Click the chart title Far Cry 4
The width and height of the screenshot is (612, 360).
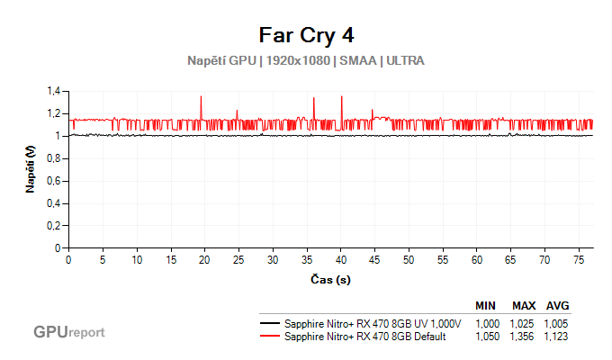pyautogui.click(x=306, y=35)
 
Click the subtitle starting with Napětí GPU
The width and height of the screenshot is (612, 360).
pyautogui.click(x=306, y=61)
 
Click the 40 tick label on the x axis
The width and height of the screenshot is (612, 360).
pyautogui.click(x=341, y=260)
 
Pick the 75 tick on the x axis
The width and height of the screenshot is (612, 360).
pyautogui.click(x=579, y=260)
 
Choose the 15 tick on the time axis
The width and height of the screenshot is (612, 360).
pyautogui.click(x=171, y=260)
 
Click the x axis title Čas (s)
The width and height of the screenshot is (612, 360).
pyautogui.click(x=330, y=280)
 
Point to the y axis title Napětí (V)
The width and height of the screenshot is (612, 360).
pyautogui.click(x=31, y=170)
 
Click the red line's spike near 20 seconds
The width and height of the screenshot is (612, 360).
pyautogui.click(x=201, y=97)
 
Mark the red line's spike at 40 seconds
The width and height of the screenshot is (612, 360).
pyautogui.click(x=342, y=97)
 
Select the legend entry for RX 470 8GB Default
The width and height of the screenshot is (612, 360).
pyautogui.click(x=360, y=337)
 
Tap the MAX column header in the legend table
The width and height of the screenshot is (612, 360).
pyautogui.click(x=524, y=305)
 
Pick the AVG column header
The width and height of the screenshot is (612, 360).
pyautogui.click(x=557, y=305)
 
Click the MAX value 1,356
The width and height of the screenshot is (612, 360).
pyautogui.click(x=524, y=337)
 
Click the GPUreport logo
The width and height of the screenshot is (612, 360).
pyautogui.click(x=69, y=332)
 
